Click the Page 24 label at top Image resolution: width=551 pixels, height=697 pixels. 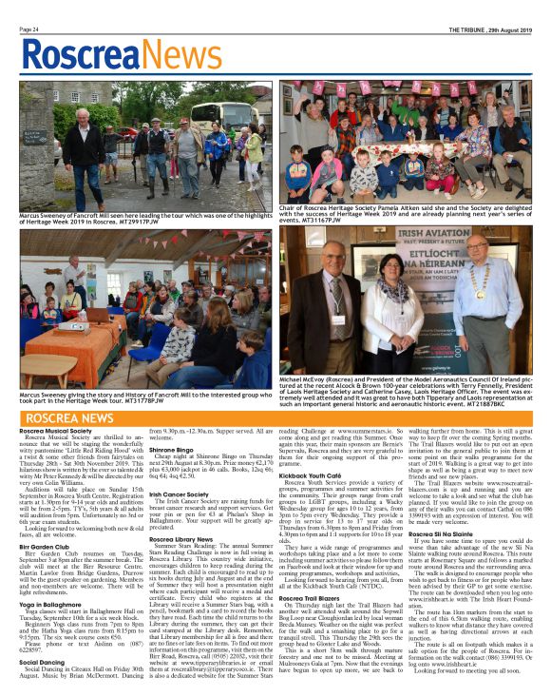point(29,29)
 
